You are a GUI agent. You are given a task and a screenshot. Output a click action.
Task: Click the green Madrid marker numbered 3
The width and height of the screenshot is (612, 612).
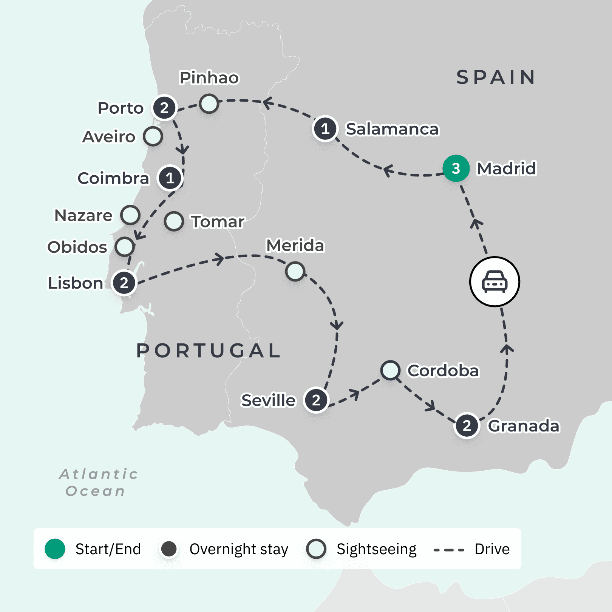tap(456, 168)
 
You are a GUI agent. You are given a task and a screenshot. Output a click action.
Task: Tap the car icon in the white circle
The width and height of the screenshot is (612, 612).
tap(495, 282)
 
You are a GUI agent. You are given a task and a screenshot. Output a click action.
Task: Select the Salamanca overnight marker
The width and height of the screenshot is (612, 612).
tap(325, 129)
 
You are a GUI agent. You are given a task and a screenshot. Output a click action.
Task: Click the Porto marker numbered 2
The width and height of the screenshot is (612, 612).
tap(164, 108)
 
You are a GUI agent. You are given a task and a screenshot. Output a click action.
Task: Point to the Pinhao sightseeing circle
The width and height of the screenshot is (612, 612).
tap(209, 104)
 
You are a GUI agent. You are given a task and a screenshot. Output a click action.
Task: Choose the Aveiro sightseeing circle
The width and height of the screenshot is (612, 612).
tap(153, 136)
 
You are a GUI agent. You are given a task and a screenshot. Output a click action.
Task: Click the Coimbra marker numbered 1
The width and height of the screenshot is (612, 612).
tap(170, 178)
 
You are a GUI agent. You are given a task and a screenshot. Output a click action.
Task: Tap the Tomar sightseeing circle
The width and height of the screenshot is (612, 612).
tap(174, 221)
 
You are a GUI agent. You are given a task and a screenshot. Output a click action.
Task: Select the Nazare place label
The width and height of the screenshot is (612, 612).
tap(83, 216)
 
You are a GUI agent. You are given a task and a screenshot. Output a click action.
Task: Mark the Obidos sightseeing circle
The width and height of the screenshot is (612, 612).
tap(125, 247)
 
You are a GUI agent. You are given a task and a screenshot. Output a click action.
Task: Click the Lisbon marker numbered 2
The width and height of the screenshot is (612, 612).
tap(124, 283)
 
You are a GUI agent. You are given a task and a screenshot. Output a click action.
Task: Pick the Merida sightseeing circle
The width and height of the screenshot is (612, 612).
tap(295, 271)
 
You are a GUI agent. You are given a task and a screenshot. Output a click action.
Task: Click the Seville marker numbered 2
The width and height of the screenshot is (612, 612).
tap(316, 400)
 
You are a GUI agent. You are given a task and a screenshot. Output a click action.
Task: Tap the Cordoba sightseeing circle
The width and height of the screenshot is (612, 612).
tap(390, 370)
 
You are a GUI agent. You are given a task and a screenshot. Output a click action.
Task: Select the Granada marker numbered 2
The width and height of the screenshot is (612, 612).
tap(467, 426)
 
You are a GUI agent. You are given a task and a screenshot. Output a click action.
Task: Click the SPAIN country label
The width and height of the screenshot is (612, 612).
tap(496, 77)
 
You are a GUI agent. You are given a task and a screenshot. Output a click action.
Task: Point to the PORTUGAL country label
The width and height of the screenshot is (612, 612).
tap(209, 351)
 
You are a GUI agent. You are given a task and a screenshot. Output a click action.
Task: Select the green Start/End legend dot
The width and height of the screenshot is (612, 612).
tap(55, 549)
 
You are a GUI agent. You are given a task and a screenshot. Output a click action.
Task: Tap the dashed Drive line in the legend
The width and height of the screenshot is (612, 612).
tap(449, 550)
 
